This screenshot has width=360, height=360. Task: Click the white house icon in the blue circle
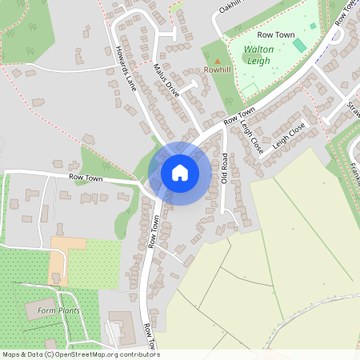point(180,172)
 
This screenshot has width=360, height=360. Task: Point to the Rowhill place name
point(217,70)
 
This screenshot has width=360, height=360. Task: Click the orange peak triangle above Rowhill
point(217,60)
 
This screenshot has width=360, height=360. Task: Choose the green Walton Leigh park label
point(258,54)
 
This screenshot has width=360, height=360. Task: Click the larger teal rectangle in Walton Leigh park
point(298,45)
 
